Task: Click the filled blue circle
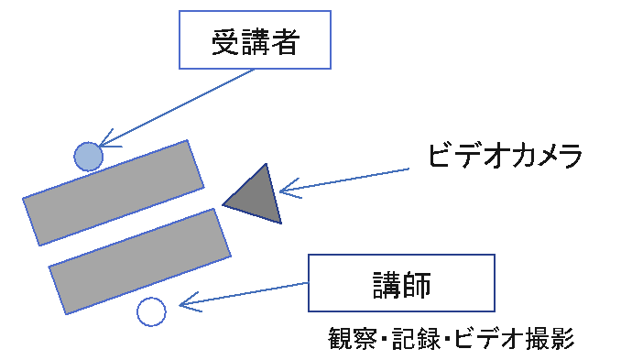tap(88, 157)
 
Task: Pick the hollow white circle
tap(151, 311)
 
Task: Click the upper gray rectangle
tap(113, 192)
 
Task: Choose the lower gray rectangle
tap(138, 261)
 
